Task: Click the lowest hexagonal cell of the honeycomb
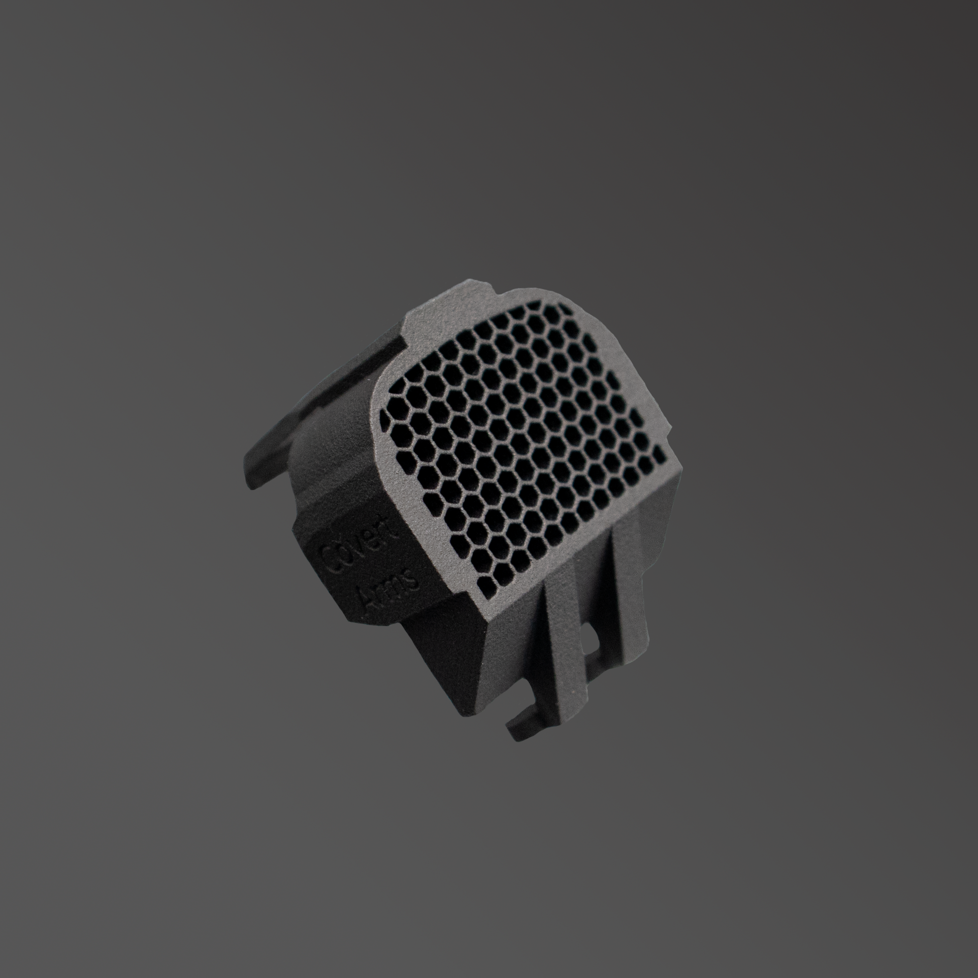click(486, 590)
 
